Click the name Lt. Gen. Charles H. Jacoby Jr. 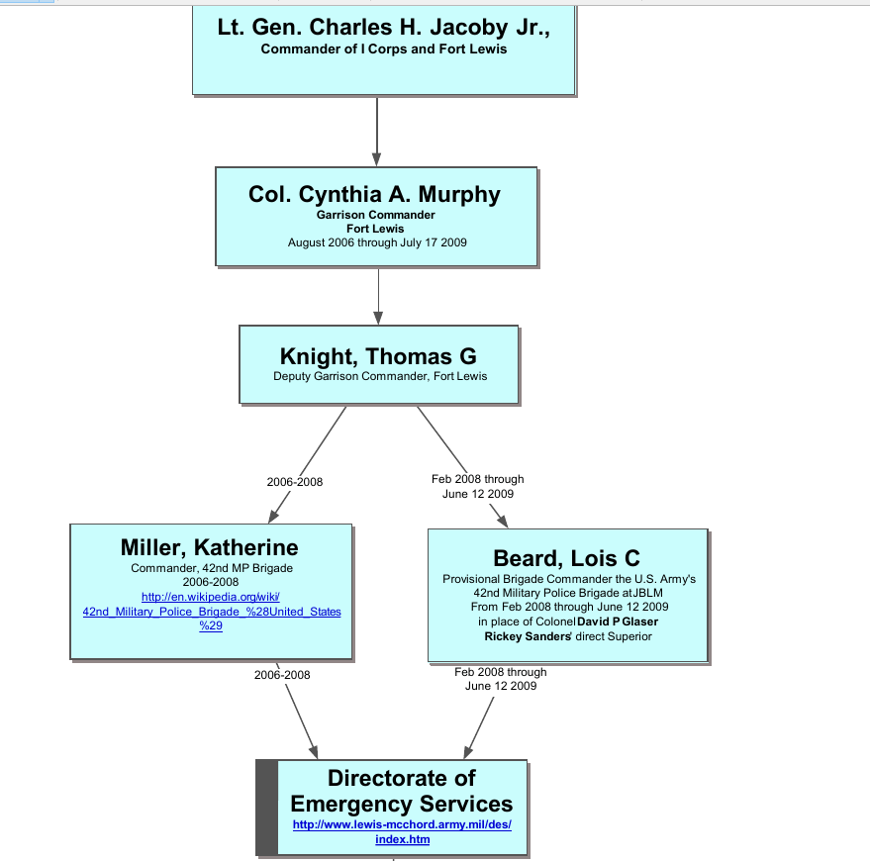[383, 27]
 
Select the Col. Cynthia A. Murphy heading [374, 194]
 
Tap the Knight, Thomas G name [379, 356]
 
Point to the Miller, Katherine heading [209, 547]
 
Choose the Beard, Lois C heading [566, 559]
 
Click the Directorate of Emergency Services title [401, 791]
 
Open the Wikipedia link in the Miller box [212, 611]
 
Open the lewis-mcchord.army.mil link [401, 831]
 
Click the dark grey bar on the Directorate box [266, 808]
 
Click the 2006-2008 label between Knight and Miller [295, 482]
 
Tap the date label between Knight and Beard [478, 486]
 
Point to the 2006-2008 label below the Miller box [282, 674]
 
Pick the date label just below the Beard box [501, 678]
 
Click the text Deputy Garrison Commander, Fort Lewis [380, 376]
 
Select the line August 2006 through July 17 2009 [377, 241]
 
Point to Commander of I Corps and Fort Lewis [383, 48]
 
